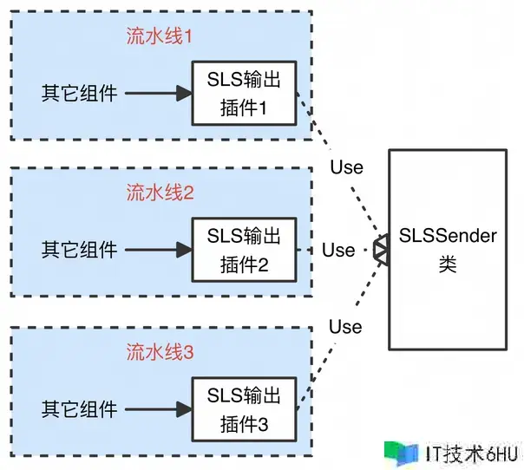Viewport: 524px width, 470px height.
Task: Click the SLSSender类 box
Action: (448, 249)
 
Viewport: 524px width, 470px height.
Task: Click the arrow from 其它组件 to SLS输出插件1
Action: (156, 92)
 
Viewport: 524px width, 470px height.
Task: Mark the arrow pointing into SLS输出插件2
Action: (156, 250)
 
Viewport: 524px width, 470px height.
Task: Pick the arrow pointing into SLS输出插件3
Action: (156, 408)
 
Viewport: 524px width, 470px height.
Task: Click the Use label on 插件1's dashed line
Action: (346, 166)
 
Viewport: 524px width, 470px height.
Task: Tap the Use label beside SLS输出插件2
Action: (338, 250)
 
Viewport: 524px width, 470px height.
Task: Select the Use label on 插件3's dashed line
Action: (345, 326)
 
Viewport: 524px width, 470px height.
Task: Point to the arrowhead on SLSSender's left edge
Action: (381, 249)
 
